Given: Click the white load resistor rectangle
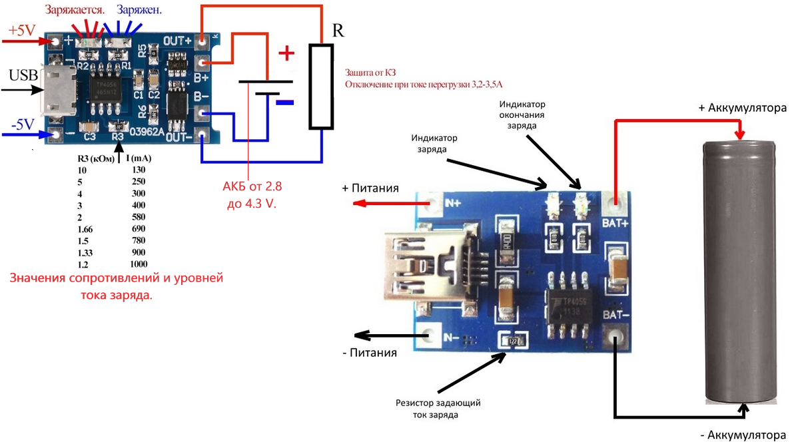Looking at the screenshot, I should pyautogui.click(x=320, y=87).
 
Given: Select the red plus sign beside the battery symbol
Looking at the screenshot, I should pyautogui.click(x=284, y=53).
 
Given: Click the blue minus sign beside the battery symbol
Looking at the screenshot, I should pyautogui.click(x=284, y=103).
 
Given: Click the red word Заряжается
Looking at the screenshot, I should pyautogui.click(x=73, y=11).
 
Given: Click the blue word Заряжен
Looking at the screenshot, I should pyautogui.click(x=139, y=11).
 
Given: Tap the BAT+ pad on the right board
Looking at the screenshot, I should pyautogui.click(x=615, y=202).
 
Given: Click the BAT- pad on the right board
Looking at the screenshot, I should pyautogui.click(x=615, y=336).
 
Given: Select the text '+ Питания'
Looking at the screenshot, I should pyautogui.click(x=370, y=188).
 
